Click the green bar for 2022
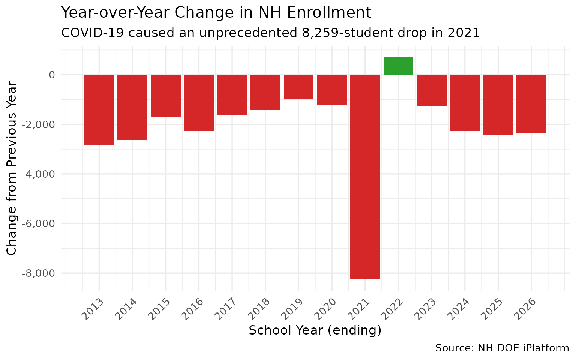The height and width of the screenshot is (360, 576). pyautogui.click(x=398, y=66)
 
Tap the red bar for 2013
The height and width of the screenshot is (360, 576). pyautogui.click(x=99, y=110)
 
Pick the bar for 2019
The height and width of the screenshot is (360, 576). pyautogui.click(x=298, y=87)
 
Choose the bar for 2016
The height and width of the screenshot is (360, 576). pyautogui.click(x=199, y=103)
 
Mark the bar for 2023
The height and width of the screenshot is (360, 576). pyautogui.click(x=431, y=90)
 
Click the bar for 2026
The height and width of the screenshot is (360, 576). pyautogui.click(x=531, y=104)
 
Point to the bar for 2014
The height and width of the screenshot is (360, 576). pyautogui.click(x=132, y=108)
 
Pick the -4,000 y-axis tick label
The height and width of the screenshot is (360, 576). pyautogui.click(x=38, y=174)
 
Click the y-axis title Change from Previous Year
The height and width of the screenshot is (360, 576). pyautogui.click(x=12, y=168)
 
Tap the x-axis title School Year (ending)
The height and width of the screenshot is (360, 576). pyautogui.click(x=315, y=330)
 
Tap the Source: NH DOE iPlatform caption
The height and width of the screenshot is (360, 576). pyautogui.click(x=502, y=348)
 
